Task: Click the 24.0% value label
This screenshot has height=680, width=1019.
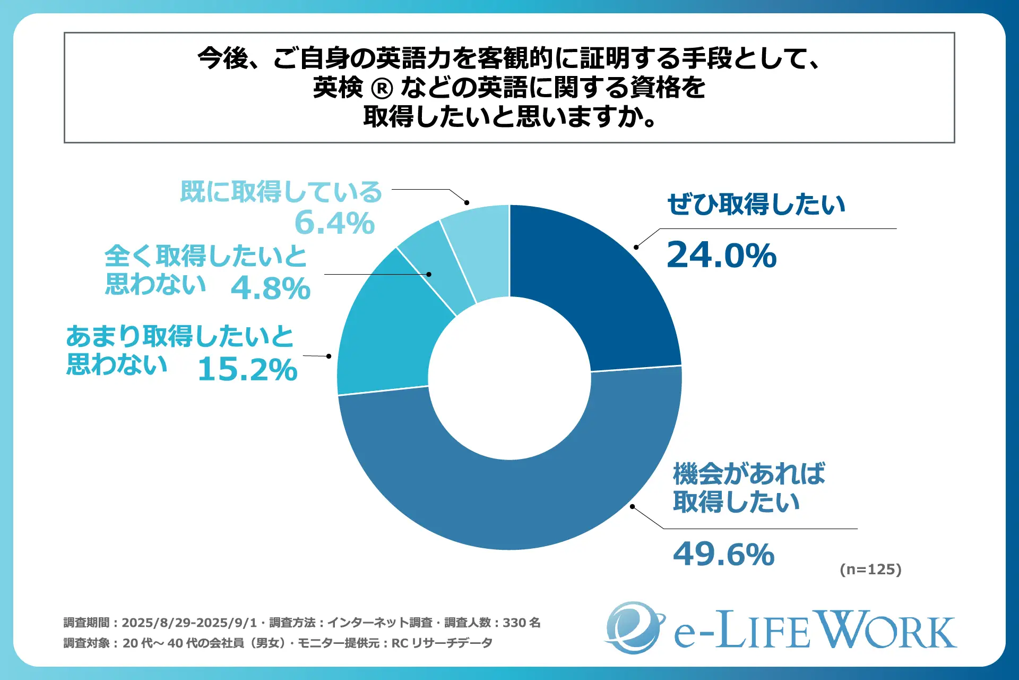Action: [721, 255]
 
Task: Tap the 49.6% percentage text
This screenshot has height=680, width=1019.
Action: [723, 554]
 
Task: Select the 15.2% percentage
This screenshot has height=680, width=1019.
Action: [247, 369]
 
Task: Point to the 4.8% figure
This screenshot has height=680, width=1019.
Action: [271, 288]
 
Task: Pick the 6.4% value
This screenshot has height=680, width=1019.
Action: [334, 223]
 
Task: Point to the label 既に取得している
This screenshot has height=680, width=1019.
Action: [281, 192]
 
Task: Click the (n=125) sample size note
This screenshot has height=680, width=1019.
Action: [870, 569]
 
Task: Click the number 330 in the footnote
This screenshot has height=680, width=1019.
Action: [514, 623]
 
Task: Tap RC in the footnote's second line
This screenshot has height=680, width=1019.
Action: [400, 643]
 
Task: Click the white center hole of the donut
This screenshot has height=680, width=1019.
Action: [509, 378]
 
